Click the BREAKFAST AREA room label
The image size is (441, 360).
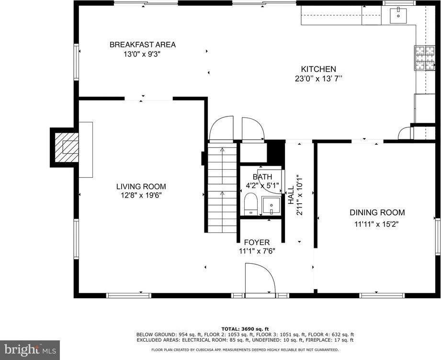pos(142,45)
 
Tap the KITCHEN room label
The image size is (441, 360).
pos(318,69)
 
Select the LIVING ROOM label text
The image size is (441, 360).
pos(141,186)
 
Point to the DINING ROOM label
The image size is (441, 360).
pos(377,212)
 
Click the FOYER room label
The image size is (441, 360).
pos(257,242)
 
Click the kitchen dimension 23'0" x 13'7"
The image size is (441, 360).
pos(318,79)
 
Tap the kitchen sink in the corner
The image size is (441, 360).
pos(398,16)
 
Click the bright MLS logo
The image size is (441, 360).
pos(30,350)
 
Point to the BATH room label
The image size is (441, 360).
pos(262,177)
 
